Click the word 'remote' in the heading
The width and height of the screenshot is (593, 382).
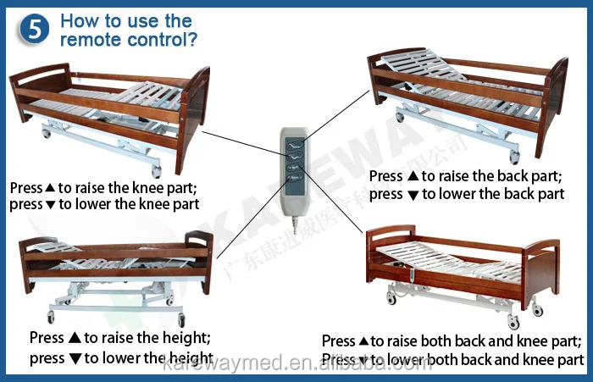pos(89,40)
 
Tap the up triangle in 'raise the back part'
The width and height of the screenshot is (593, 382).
pos(413,177)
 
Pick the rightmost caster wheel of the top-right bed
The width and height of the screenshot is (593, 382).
pos(513,158)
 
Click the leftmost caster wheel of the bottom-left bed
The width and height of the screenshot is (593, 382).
pos(50,317)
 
